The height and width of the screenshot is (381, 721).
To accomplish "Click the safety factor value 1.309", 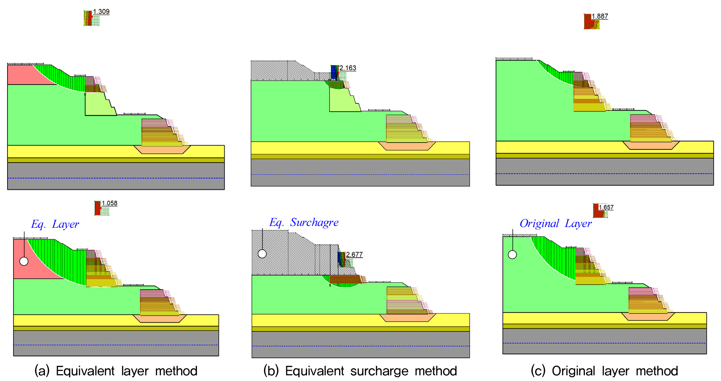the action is coord(101,11).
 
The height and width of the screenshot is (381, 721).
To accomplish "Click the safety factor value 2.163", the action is coord(348,68).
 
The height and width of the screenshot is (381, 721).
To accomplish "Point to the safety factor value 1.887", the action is coord(600,16).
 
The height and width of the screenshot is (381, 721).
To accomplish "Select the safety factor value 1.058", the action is coord(109,203).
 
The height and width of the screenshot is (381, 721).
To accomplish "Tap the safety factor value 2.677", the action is coord(354,254).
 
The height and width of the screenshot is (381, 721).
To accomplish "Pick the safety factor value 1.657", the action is coord(606,207).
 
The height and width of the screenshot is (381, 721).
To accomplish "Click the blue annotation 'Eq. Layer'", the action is coord(55,224).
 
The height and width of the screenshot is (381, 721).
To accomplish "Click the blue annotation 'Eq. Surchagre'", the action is coord(304,222).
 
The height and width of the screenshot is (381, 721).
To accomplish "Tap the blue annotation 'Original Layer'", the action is coord(556,223).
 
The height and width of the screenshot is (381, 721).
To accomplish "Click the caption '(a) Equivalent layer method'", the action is coord(116,371).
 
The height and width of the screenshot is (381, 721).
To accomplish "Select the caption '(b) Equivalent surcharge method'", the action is coord(360,371).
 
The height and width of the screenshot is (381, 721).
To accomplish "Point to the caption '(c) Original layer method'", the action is coord(604,371).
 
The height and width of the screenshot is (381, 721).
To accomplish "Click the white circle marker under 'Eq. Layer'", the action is coord(24,261).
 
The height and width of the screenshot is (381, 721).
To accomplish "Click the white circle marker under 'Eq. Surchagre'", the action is coord(262,254).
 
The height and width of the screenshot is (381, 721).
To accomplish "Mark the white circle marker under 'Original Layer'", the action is coord(512,254).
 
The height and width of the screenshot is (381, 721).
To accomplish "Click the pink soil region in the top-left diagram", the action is coord(25,75).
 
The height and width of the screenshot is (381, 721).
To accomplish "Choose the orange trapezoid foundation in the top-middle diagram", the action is coord(407,146).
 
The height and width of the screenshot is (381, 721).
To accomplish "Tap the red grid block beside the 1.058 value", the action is coord(98,208).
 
